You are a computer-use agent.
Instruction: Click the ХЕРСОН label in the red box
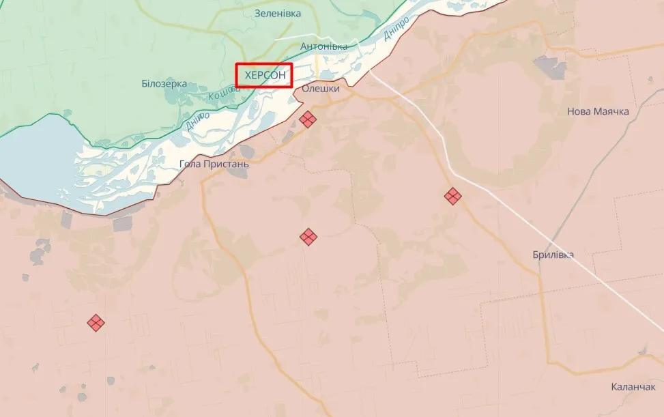click(x=264, y=75)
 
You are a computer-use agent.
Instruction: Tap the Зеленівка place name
click(x=278, y=13)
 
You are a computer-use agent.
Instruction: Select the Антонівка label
click(x=323, y=46)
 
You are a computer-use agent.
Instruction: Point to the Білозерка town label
click(x=164, y=83)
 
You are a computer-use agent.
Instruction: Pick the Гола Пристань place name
click(x=214, y=164)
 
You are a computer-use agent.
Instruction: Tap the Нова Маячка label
click(x=598, y=111)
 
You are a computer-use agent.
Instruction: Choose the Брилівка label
click(x=553, y=255)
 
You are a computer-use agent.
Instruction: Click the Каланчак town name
click(x=633, y=387)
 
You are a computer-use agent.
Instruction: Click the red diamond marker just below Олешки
click(x=308, y=119)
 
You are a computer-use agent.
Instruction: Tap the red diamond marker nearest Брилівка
click(x=452, y=196)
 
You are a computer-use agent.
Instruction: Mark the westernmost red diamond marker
click(x=96, y=323)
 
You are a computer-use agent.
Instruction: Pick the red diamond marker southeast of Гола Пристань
click(x=308, y=237)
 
